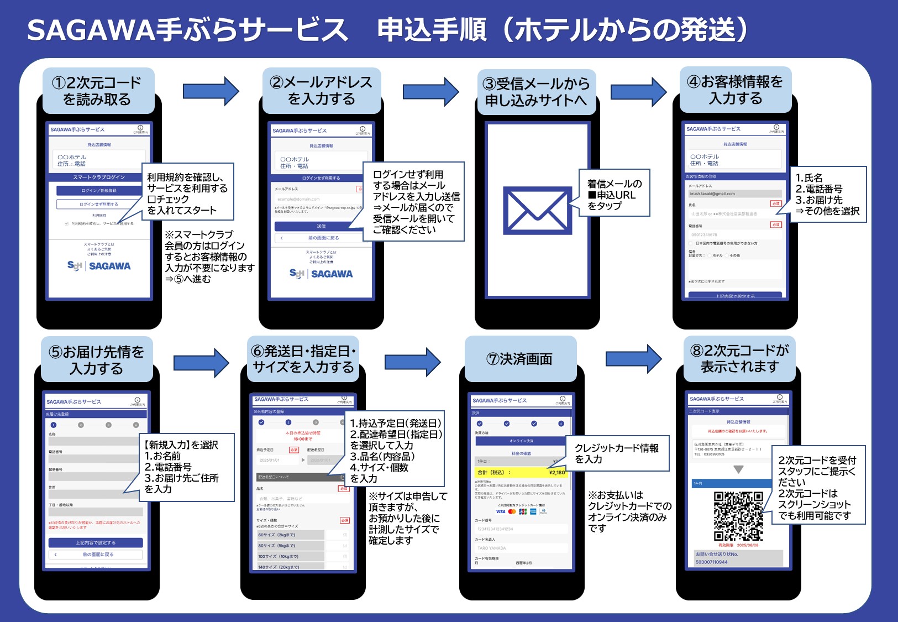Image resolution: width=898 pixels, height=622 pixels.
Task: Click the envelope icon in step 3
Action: [x=537, y=211]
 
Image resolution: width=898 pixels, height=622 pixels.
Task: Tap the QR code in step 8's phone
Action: [x=738, y=515]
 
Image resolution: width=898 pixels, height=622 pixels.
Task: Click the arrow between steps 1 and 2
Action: [x=211, y=91]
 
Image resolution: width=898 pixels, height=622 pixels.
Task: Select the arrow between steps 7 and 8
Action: [x=633, y=359]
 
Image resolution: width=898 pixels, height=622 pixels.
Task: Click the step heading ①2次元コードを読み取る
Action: [x=97, y=91]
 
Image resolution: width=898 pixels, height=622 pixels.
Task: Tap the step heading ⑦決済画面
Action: [x=519, y=359]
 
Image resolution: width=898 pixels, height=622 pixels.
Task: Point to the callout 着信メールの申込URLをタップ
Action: [x=614, y=194]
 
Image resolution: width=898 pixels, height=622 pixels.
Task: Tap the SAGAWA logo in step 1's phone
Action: [x=99, y=266]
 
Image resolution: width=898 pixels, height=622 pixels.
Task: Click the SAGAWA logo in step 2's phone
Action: [x=321, y=274]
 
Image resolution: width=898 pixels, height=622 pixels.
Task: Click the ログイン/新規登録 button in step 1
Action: [x=99, y=190]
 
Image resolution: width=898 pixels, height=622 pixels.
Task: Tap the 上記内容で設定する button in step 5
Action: [x=96, y=542]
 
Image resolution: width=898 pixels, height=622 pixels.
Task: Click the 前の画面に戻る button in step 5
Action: [x=96, y=554]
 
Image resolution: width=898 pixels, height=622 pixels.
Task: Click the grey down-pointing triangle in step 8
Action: [x=738, y=469]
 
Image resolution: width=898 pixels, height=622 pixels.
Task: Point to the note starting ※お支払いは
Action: [x=629, y=511]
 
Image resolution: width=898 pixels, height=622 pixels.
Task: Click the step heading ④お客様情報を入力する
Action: [x=735, y=90]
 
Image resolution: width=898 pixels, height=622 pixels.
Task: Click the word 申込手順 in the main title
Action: [x=432, y=30]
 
